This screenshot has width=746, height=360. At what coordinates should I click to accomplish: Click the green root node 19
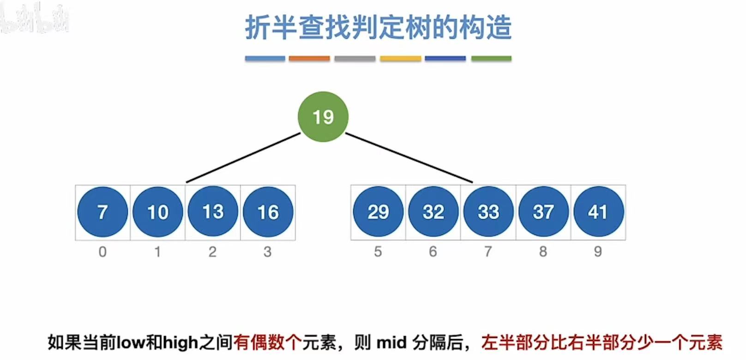tap(323, 116)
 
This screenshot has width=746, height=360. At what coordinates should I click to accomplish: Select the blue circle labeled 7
tap(102, 212)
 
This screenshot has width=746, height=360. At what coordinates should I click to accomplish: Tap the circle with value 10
tap(157, 212)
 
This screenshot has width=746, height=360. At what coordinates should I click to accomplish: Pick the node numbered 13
tap(213, 212)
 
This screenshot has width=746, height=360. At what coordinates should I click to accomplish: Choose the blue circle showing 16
tap(268, 212)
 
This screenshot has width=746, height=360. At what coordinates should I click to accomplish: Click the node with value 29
tap(378, 212)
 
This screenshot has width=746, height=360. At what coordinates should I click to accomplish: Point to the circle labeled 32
tap(433, 212)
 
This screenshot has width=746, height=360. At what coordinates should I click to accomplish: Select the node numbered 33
tap(488, 212)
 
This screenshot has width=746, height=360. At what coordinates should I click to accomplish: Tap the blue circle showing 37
tap(543, 212)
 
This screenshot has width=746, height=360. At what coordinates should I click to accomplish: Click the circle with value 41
tap(598, 212)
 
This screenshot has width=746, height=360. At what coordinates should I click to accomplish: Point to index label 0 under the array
tap(102, 252)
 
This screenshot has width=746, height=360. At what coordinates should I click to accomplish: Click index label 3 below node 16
tap(268, 252)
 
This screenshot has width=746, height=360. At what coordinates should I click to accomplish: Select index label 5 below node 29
tap(378, 252)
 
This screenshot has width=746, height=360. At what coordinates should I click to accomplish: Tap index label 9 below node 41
tap(598, 252)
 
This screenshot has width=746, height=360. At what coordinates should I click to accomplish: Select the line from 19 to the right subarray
tap(409, 157)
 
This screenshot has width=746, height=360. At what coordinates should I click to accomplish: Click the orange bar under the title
tap(309, 59)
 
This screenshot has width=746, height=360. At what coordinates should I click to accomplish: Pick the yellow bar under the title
tap(400, 59)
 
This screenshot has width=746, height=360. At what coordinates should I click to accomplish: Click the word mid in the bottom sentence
tap(391, 342)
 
